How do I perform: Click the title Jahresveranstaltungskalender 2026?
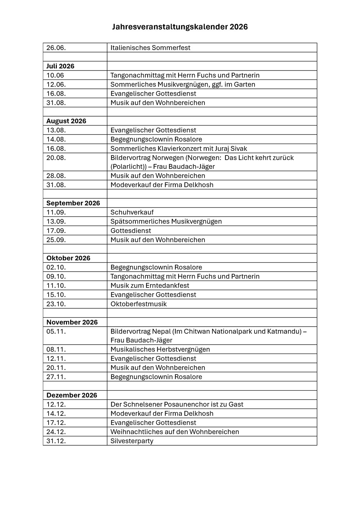[180, 27]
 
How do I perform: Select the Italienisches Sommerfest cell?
[150, 48]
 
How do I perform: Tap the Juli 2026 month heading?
[60, 66]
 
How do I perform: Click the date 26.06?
[56, 48]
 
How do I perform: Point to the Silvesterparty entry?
[132, 441]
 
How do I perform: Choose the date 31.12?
[56, 441]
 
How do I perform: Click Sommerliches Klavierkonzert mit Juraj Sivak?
[179, 149]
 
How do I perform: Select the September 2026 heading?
[73, 203]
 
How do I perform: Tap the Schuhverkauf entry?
[132, 212]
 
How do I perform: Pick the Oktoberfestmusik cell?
[139, 304]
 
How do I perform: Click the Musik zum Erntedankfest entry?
[150, 286]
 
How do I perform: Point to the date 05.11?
[56, 331]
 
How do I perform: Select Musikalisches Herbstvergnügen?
[160, 349]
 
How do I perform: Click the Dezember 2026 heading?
[72, 395]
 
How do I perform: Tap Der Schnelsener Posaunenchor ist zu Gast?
[177, 404]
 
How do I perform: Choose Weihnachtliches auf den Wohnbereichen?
[175, 432]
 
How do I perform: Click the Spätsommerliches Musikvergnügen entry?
[166, 222]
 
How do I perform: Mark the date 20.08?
[56, 158]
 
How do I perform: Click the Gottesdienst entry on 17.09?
[131, 231]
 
